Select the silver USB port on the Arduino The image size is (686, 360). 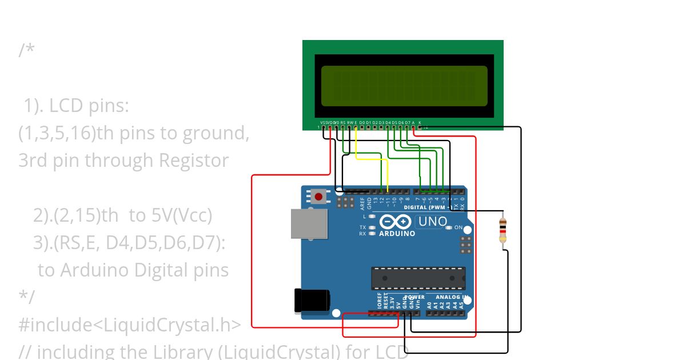pyautogui.click(x=309, y=223)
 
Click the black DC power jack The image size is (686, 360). pyautogui.click(x=311, y=301)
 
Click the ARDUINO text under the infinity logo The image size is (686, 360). pyautogui.click(x=397, y=233)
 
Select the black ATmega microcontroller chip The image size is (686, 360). pyautogui.click(x=418, y=278)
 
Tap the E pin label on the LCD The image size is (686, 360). pyautogui.click(x=356, y=122)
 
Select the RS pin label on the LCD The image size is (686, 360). pyautogui.click(x=343, y=122)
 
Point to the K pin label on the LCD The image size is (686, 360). pyautogui.click(x=420, y=122)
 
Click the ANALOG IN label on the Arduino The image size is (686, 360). pyautogui.click(x=451, y=297)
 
